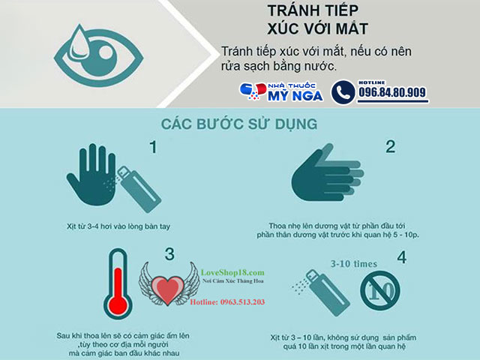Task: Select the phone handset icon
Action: pyautogui.click(x=343, y=92)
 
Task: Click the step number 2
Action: pyautogui.click(x=390, y=146)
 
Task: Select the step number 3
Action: pyautogui.click(x=169, y=253)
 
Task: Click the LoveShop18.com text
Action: pyautogui.click(x=233, y=272)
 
